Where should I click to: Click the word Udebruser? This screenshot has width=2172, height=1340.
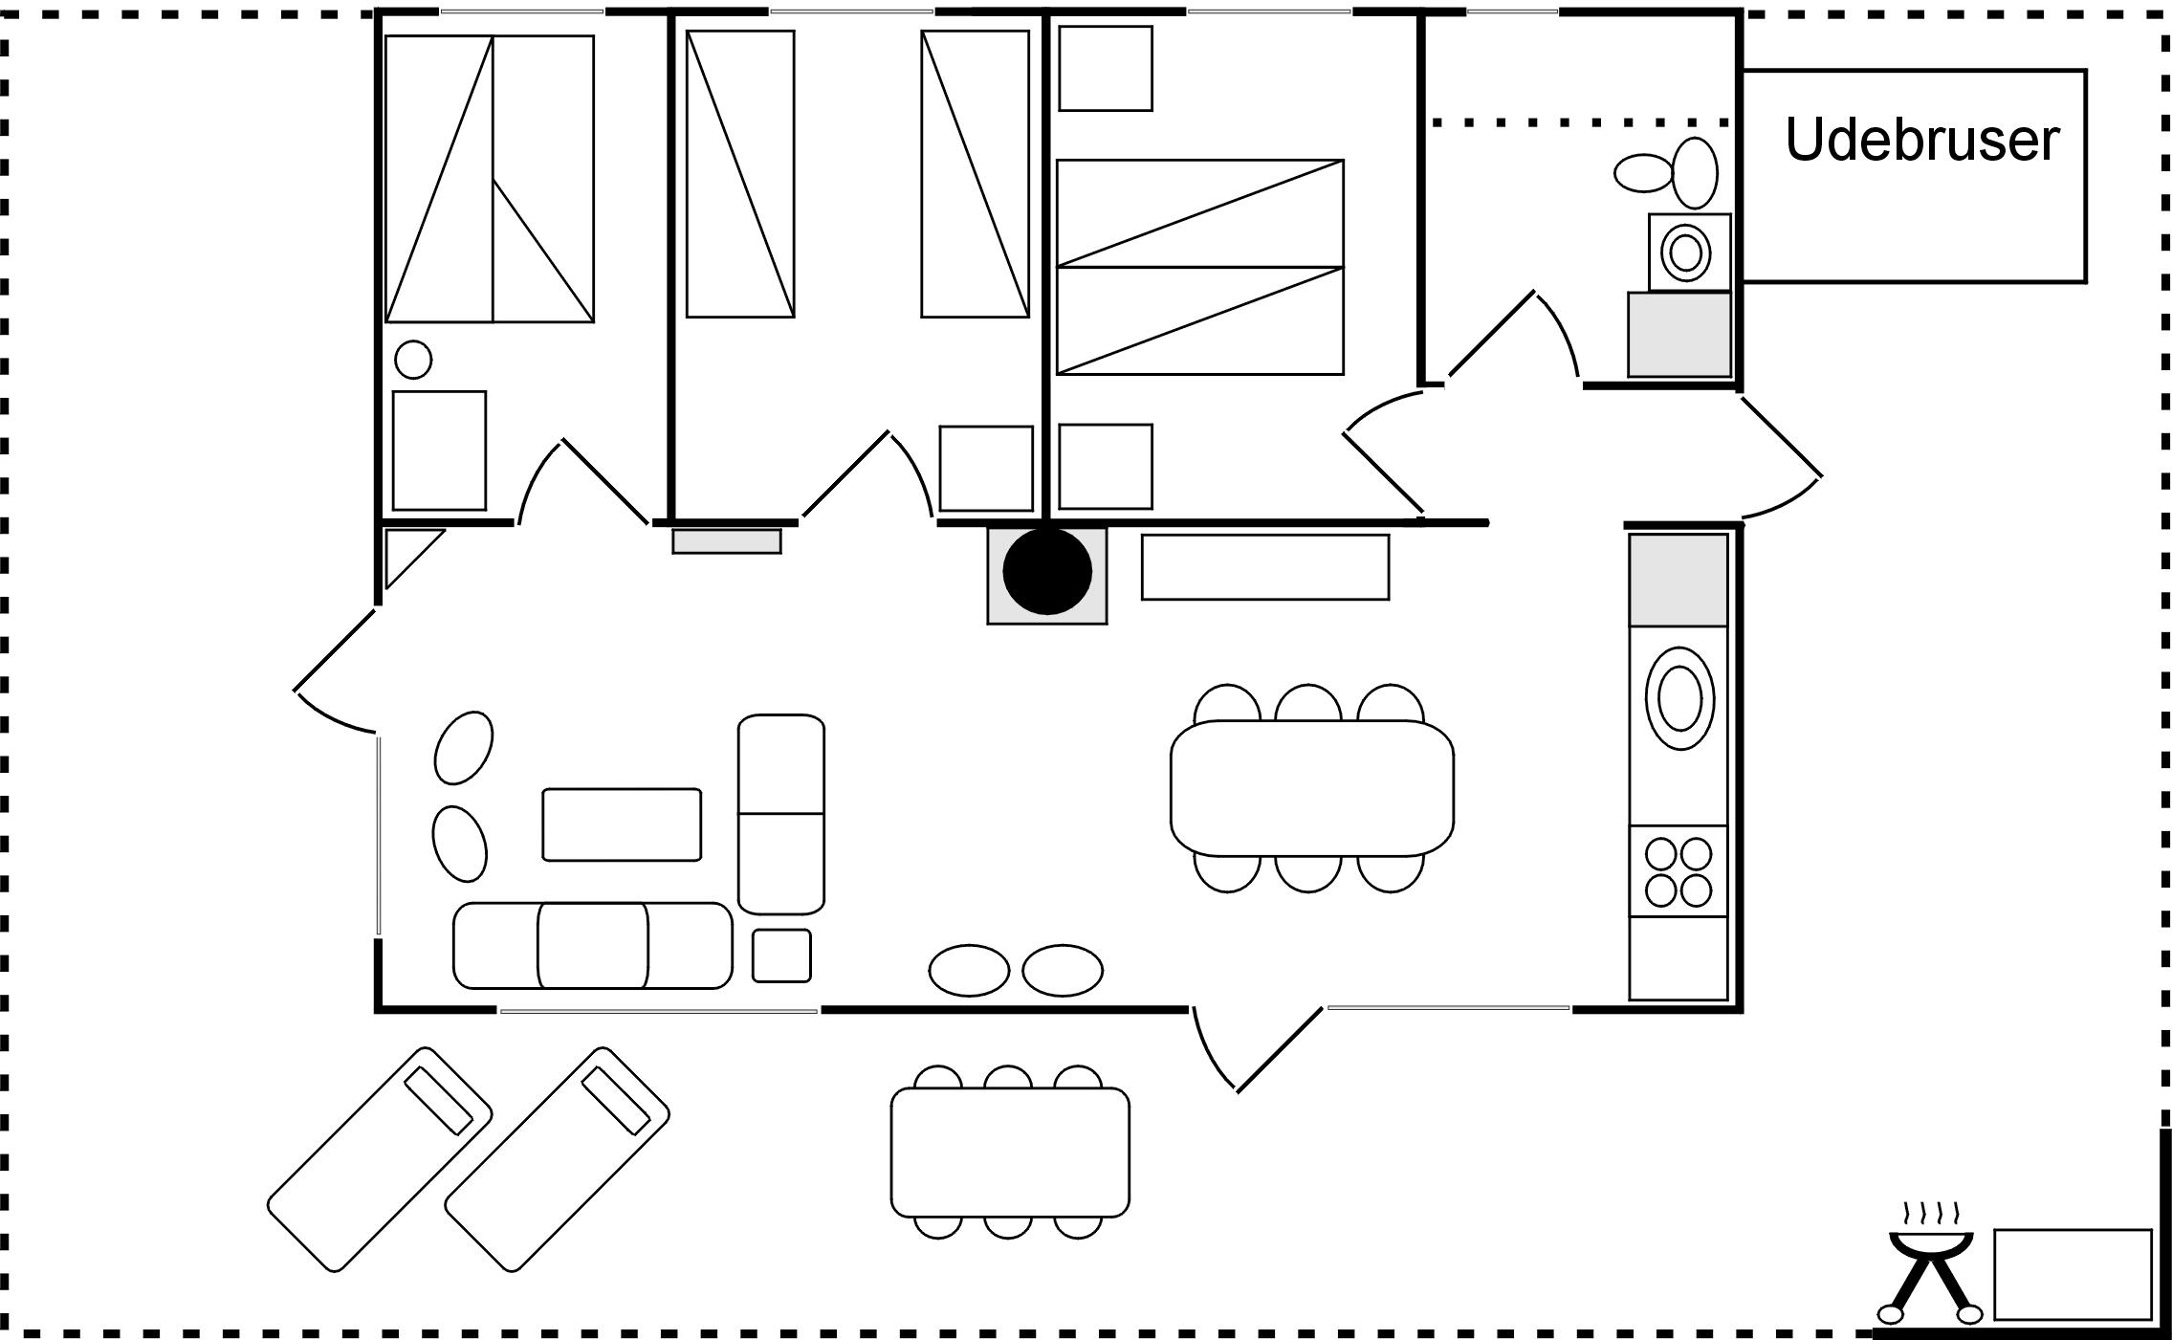click(1920, 141)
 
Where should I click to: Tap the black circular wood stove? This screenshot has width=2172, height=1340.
click(1047, 571)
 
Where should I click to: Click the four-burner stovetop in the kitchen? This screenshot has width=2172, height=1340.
click(1678, 871)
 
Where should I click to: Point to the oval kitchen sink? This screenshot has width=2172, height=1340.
click(1679, 697)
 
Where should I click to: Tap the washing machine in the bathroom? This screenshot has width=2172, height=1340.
click(1689, 253)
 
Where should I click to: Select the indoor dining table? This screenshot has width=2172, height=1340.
click(1311, 787)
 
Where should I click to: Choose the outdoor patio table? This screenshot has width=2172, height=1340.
click(1010, 1152)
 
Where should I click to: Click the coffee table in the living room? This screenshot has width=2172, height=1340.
click(622, 824)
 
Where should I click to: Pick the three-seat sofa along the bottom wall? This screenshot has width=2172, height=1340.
click(592, 945)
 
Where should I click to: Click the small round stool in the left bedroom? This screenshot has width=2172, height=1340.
click(413, 360)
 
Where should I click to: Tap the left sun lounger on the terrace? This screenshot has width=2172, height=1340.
click(380, 1158)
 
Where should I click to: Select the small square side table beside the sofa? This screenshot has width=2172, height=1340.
click(781, 956)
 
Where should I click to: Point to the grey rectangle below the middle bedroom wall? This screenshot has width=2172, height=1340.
click(727, 541)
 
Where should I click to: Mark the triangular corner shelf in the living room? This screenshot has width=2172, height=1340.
click(406, 553)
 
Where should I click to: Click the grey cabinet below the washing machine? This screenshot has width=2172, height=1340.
click(1679, 335)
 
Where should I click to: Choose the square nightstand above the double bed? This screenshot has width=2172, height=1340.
click(1106, 69)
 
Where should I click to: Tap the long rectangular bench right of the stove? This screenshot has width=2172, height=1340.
click(1264, 567)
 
